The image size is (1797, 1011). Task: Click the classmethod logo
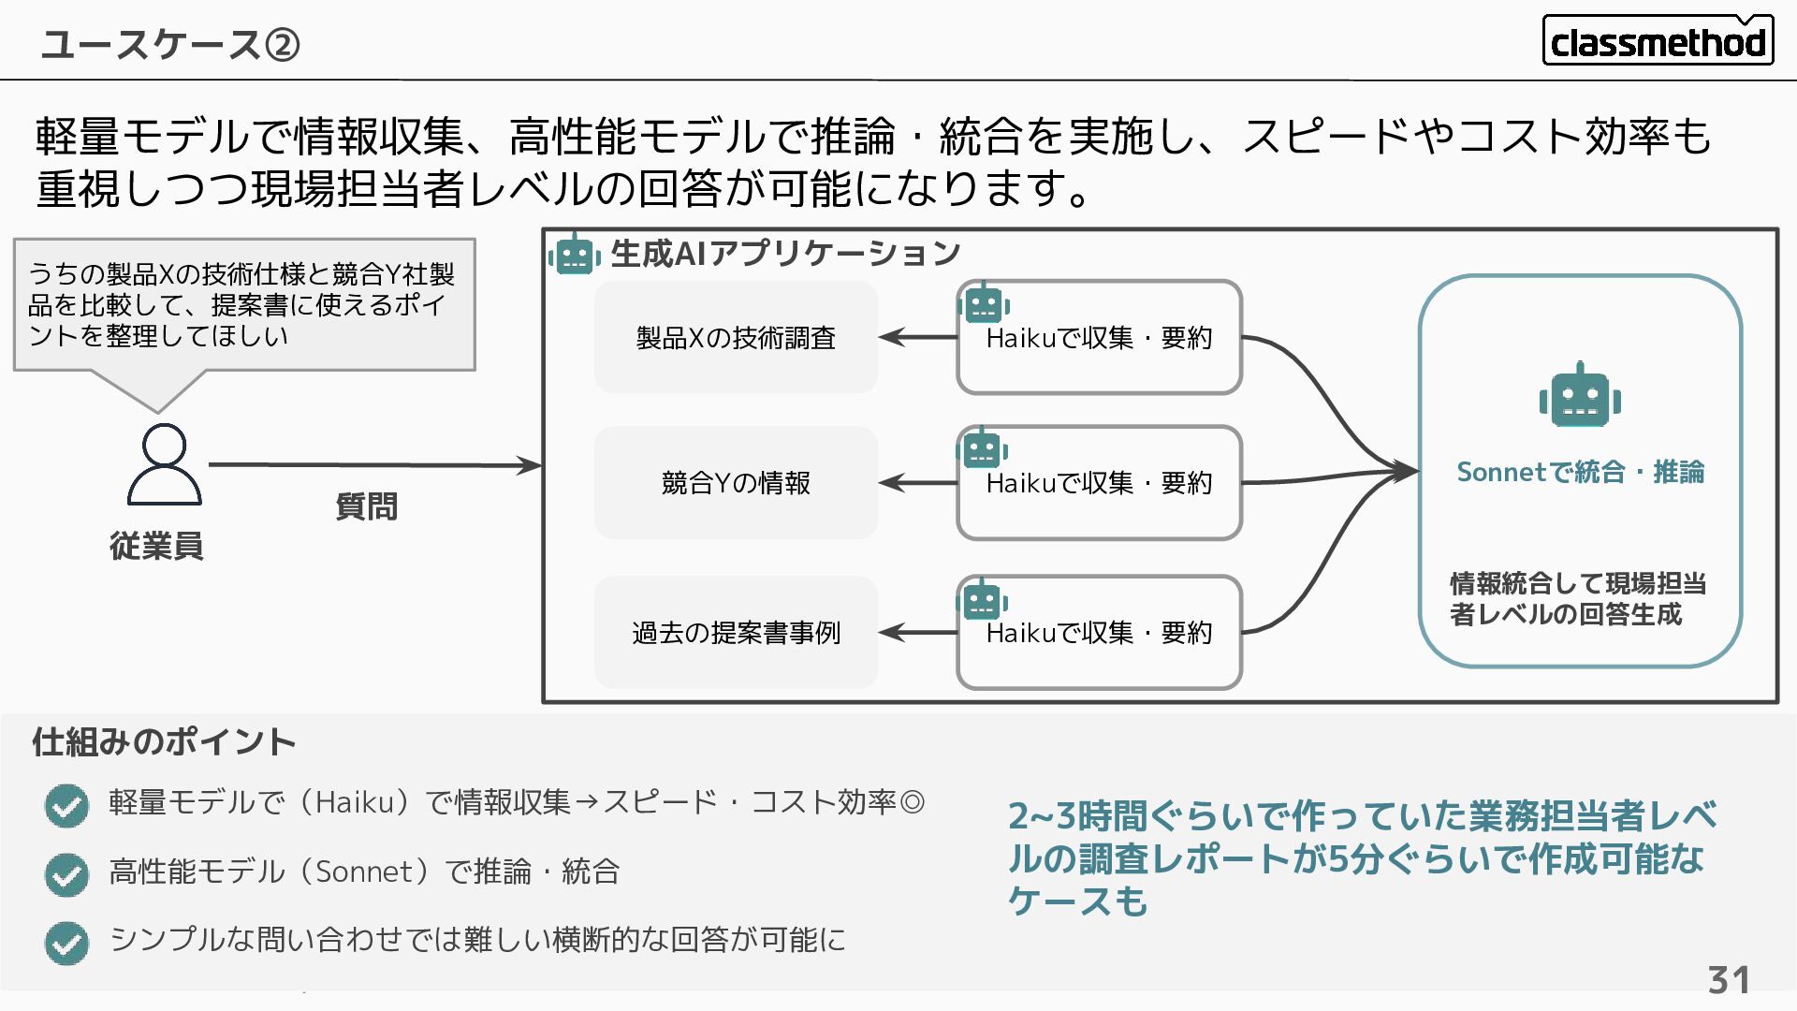coord(1657,41)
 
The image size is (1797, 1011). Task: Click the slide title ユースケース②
coord(169,44)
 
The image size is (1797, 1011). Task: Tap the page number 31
coord(1728,980)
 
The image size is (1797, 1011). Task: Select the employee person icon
coord(164,464)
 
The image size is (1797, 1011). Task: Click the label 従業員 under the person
coord(156,546)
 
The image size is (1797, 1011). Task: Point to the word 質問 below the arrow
coord(366,506)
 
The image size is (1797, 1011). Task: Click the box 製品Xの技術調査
coord(736,338)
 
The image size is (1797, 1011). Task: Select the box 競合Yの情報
coord(736,483)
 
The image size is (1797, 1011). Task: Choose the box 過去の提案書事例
coord(736,633)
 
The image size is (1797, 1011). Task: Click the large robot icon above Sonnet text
coord(1580,397)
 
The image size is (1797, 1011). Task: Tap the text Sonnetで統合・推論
coord(1580,472)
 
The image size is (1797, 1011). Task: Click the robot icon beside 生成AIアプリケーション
coord(575,254)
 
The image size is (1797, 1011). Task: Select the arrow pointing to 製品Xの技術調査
coord(917,337)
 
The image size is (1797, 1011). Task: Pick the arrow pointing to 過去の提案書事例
coord(917,633)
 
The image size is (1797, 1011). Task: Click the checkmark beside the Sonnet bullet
coord(66,874)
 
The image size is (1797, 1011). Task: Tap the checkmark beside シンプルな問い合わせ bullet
coord(66,943)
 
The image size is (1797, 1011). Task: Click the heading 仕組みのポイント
coord(164,741)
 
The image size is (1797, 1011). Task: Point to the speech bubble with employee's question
coord(244,305)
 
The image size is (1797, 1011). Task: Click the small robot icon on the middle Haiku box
coord(983,450)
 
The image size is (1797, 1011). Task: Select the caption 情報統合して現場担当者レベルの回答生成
coord(1578,599)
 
